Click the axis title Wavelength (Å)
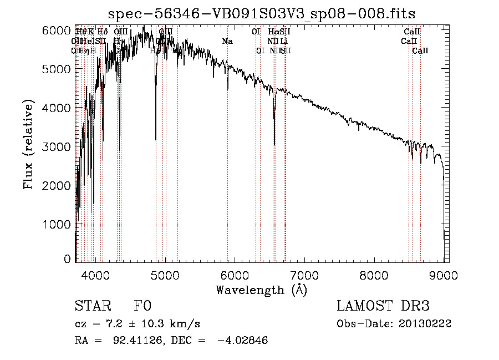point(261,290)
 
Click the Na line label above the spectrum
point(227,41)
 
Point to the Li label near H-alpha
point(283,41)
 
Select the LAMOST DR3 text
point(383,307)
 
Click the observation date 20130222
point(426,324)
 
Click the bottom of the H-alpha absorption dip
point(274,145)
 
